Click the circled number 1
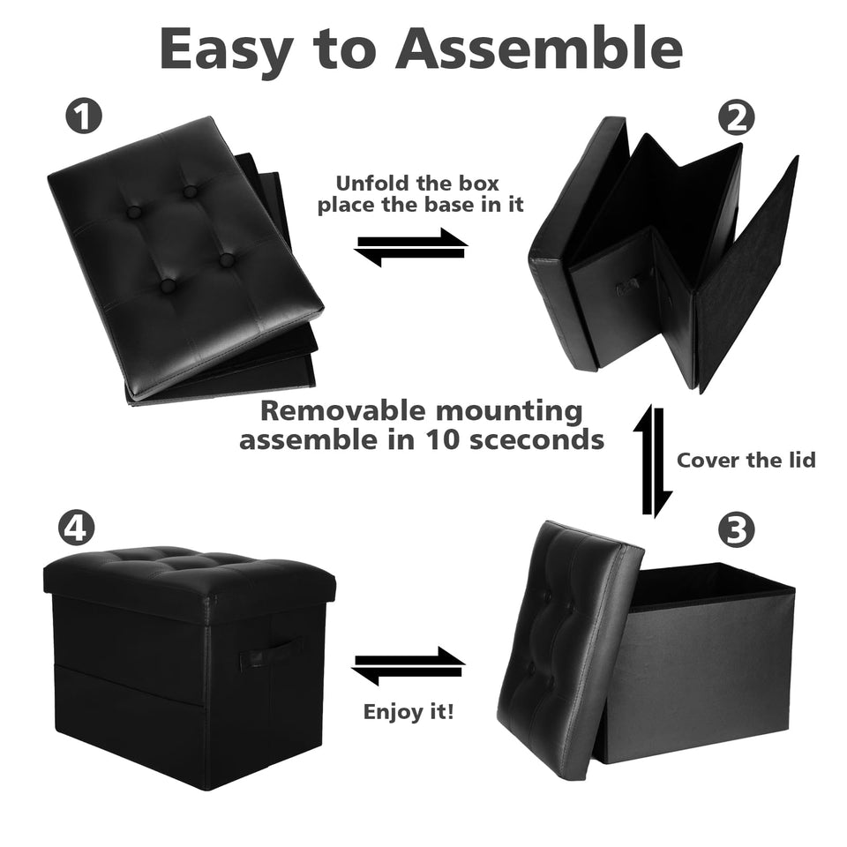point(83,116)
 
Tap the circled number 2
point(736,118)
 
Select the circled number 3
point(736,530)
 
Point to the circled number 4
point(76,528)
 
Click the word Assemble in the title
point(539,49)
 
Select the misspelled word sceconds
point(536,439)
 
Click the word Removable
point(342,410)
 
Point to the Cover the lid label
point(746,461)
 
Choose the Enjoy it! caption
point(409,711)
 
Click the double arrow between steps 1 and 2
point(411,247)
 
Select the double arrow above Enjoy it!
point(409,666)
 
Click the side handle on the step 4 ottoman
point(271,653)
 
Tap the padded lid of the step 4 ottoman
point(189,576)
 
